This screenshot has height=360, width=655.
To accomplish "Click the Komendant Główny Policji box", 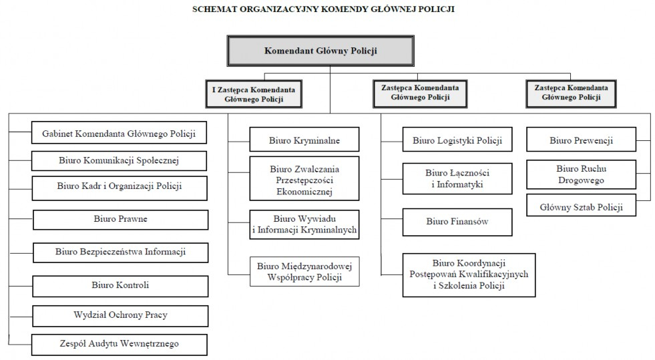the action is (320, 51).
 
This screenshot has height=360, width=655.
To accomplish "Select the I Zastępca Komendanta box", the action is (254, 94).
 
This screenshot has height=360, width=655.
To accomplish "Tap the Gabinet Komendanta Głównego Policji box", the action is (119, 133).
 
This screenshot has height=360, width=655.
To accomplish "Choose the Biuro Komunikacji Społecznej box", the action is (119, 161).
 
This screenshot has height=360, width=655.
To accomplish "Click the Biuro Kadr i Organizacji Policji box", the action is (120, 188).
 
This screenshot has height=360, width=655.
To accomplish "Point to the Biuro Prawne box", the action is (121, 220).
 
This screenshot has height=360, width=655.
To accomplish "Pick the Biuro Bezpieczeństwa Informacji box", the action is (121, 252).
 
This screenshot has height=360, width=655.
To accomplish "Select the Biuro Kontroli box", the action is (120, 286).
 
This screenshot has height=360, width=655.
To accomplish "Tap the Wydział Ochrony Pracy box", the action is (120, 316).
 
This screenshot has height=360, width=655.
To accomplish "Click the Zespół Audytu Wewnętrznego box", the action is (120, 345).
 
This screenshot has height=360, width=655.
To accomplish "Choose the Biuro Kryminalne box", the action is (304, 140).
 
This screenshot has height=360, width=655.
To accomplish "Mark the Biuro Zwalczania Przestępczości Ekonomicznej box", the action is (304, 178).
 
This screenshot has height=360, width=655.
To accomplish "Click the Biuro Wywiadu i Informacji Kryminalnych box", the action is (304, 224).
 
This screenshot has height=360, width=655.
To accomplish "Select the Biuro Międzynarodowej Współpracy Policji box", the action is (304, 271).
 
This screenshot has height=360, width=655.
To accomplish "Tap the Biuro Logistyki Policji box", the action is (457, 140).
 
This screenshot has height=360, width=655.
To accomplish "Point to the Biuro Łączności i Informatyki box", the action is (457, 179).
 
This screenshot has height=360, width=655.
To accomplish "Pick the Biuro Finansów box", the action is (457, 222).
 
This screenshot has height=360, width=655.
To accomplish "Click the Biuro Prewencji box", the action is (581, 140).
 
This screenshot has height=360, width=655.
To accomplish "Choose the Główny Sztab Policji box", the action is (581, 205).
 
